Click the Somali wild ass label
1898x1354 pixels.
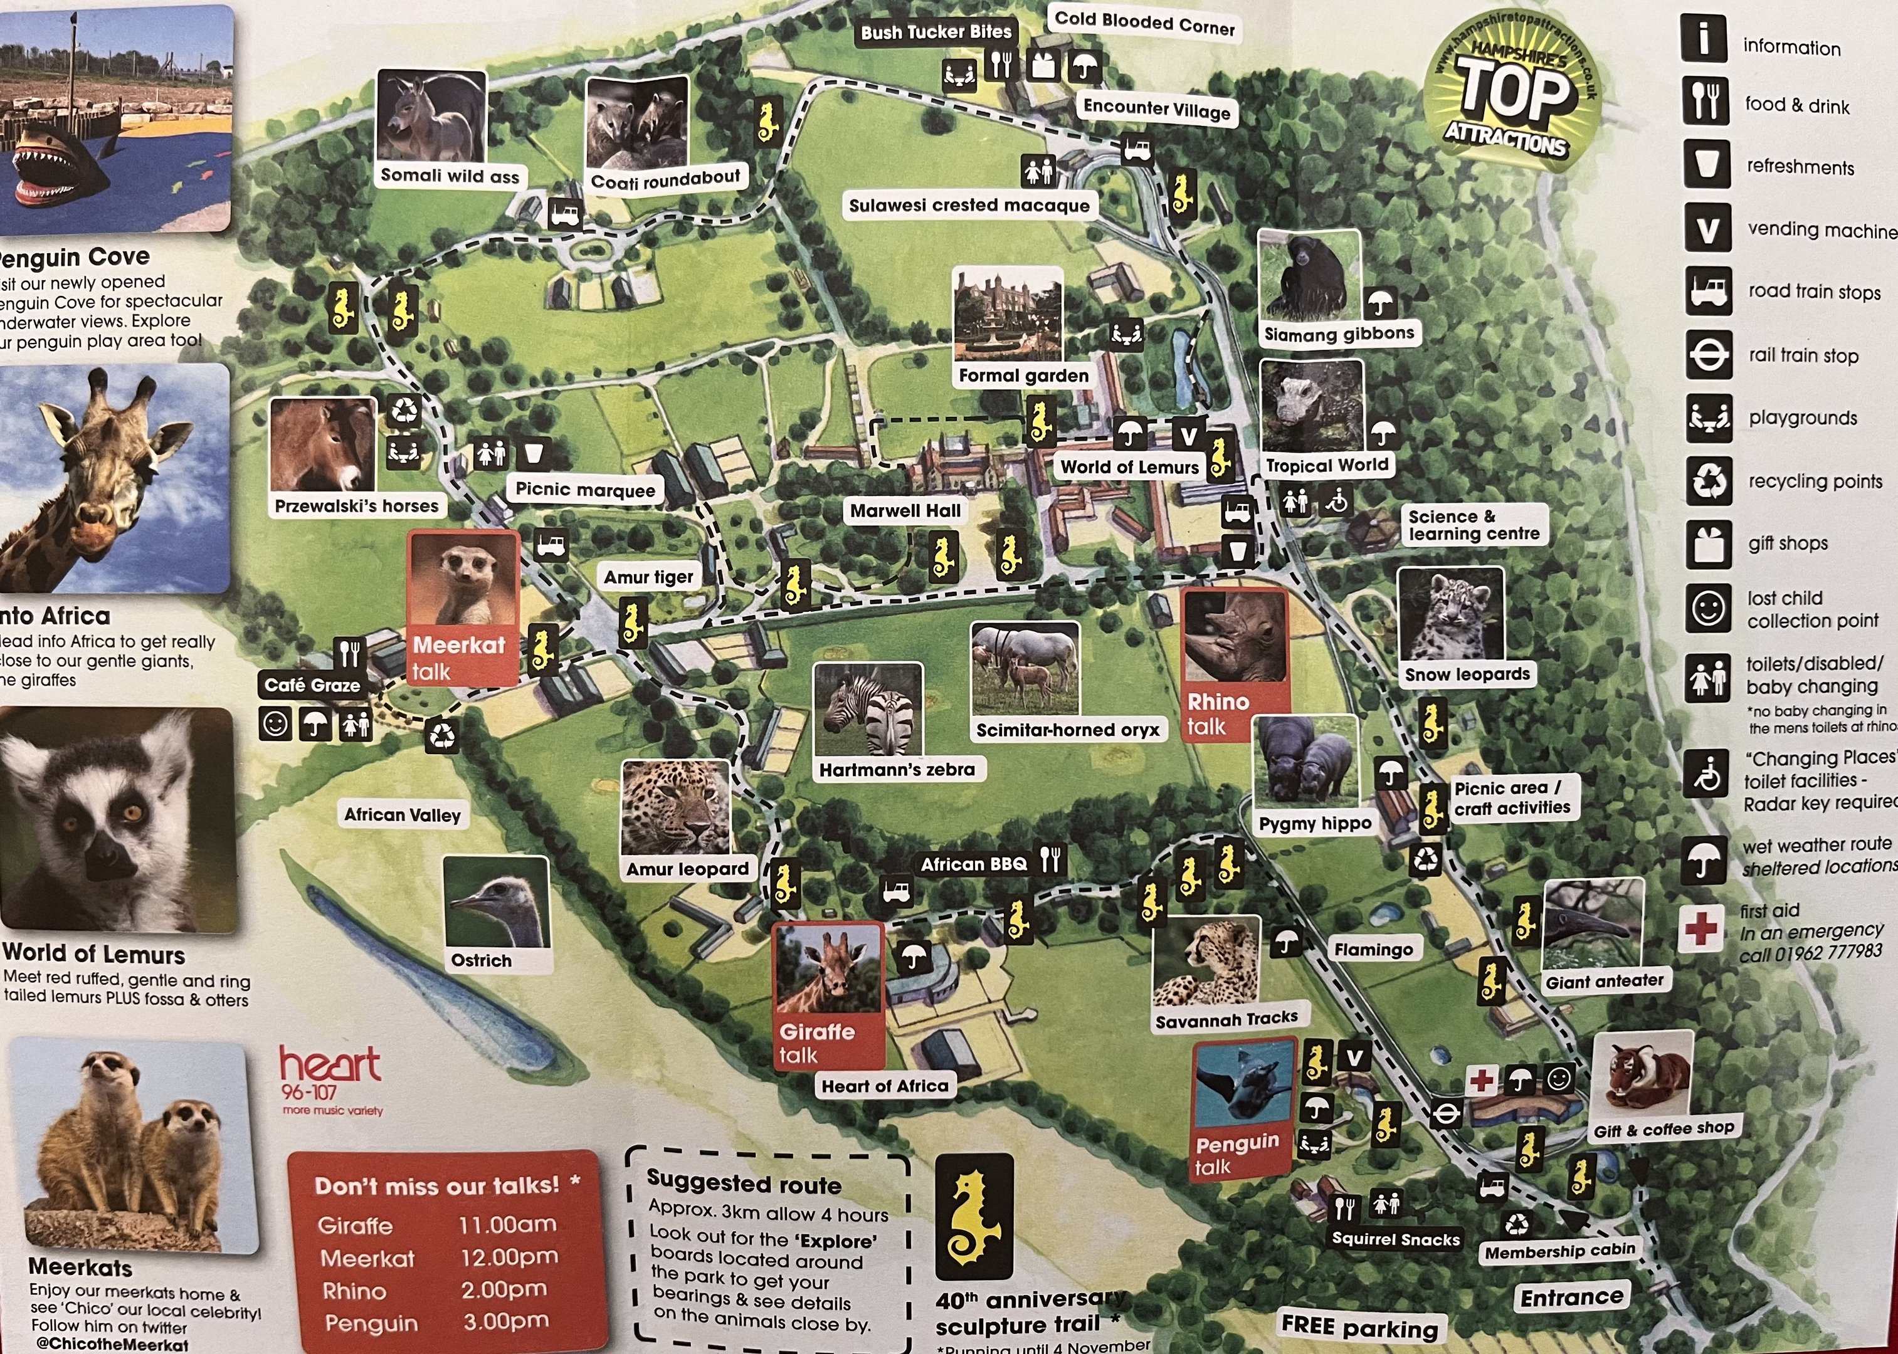(450, 176)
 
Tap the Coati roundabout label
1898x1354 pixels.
(665, 179)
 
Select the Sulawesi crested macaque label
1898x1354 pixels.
(969, 205)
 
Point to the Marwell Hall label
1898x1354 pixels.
(905, 510)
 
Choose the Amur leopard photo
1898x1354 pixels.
(675, 807)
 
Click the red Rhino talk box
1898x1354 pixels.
(1234, 664)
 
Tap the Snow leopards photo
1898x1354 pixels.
(1450, 616)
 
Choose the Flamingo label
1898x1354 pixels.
(1373, 950)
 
